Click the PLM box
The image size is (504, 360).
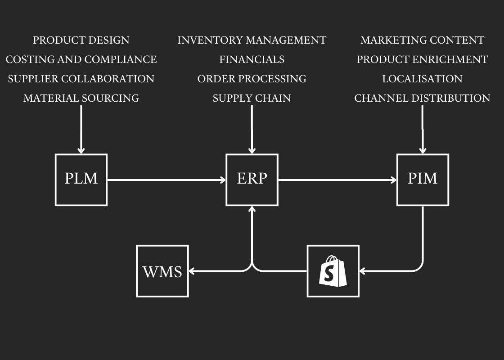81,180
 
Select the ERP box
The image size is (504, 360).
252,180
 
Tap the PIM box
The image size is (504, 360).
423,180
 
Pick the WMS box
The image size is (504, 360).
162,271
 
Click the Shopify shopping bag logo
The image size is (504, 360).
333,271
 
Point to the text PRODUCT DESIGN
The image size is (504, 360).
81,40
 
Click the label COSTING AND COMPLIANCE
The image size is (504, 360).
81,59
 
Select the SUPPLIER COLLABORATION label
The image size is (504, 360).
81,79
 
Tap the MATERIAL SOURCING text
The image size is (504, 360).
81,98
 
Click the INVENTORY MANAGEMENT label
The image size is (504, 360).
252,40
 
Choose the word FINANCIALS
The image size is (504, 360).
252,59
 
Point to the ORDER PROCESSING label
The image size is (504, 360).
252,79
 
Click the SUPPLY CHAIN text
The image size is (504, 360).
252,98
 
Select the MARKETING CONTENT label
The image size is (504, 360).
423,40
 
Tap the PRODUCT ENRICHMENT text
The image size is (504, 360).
423,59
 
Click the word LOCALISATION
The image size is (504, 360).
423,79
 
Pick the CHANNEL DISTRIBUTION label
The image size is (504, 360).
423,98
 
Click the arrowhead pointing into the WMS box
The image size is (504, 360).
191,271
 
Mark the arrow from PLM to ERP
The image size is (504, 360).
166,180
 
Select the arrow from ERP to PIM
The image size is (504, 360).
337,180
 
